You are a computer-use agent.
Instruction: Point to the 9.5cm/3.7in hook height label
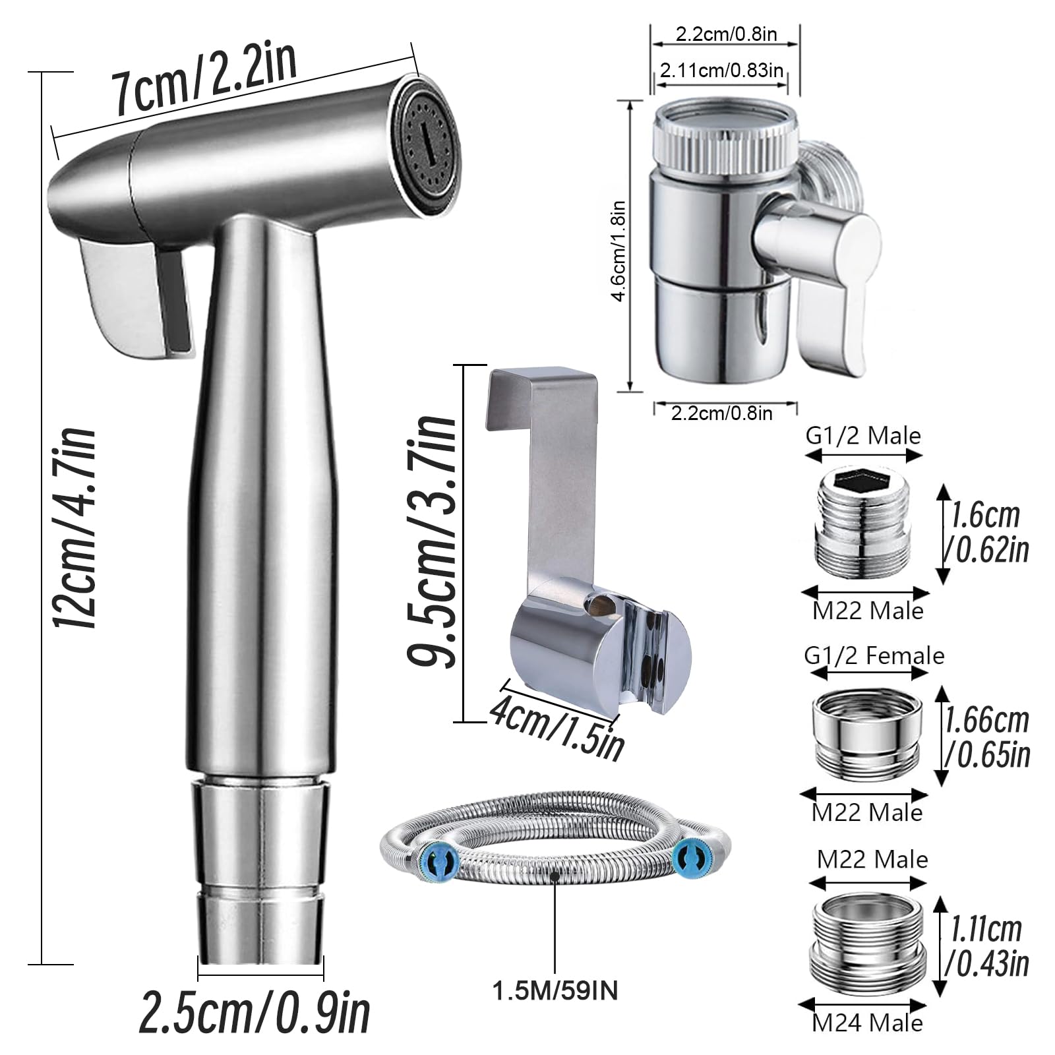point(433,541)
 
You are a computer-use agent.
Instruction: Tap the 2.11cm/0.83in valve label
point(721,70)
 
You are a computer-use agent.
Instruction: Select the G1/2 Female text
point(874,655)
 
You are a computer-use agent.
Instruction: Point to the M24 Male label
point(867,1023)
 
